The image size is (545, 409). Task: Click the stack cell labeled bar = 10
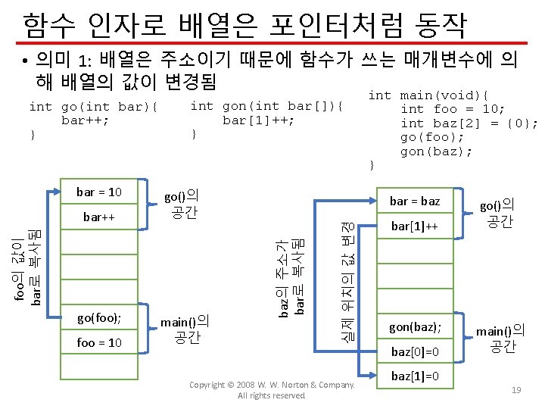click(x=98, y=192)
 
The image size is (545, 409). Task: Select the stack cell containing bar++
click(x=98, y=217)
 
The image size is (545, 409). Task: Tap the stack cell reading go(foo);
click(x=98, y=317)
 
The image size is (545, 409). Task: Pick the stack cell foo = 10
click(x=98, y=342)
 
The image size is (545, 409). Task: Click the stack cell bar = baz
click(x=414, y=201)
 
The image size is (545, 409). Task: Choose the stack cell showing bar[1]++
click(x=414, y=226)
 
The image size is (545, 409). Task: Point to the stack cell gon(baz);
click(x=414, y=327)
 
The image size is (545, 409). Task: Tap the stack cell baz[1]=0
click(x=414, y=377)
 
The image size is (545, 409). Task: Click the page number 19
click(x=517, y=389)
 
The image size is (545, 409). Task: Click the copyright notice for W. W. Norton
click(x=271, y=390)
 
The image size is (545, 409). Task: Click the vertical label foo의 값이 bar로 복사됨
click(x=28, y=267)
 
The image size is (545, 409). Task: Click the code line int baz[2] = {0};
click(x=469, y=123)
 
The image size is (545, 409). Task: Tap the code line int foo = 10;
click(x=452, y=109)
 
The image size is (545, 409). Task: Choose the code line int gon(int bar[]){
click(x=266, y=106)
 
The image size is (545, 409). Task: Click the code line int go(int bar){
click(x=92, y=107)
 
